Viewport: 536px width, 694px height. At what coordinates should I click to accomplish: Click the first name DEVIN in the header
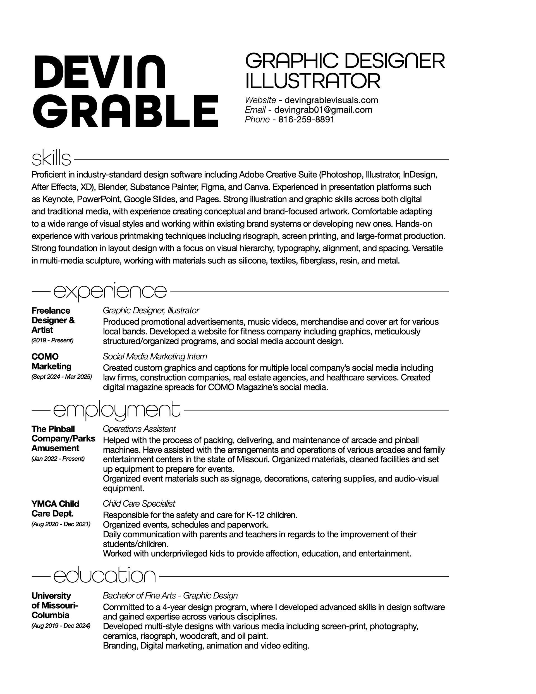(x=99, y=72)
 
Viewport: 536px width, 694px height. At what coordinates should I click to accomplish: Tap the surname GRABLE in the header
(x=126, y=111)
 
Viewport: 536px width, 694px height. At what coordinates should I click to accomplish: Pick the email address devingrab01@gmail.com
(x=323, y=110)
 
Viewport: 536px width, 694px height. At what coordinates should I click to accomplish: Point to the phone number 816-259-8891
(x=306, y=120)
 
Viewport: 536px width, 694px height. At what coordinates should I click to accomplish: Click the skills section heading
(x=51, y=159)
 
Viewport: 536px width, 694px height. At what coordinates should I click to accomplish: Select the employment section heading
(x=116, y=410)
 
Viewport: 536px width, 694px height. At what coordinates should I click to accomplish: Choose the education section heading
(x=104, y=576)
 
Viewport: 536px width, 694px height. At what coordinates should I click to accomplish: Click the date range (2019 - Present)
(x=52, y=340)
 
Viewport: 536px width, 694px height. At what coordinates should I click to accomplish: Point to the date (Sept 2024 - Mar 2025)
(x=62, y=377)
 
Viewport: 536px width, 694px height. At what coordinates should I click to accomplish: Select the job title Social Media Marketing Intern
(x=155, y=357)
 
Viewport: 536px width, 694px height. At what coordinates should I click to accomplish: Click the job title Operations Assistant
(x=139, y=429)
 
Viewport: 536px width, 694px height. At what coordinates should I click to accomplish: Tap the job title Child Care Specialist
(x=139, y=504)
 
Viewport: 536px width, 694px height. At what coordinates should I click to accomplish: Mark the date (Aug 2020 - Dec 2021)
(x=61, y=524)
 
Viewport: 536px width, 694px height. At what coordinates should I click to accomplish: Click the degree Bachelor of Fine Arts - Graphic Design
(x=170, y=595)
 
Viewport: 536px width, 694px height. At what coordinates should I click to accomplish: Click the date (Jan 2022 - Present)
(x=58, y=459)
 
